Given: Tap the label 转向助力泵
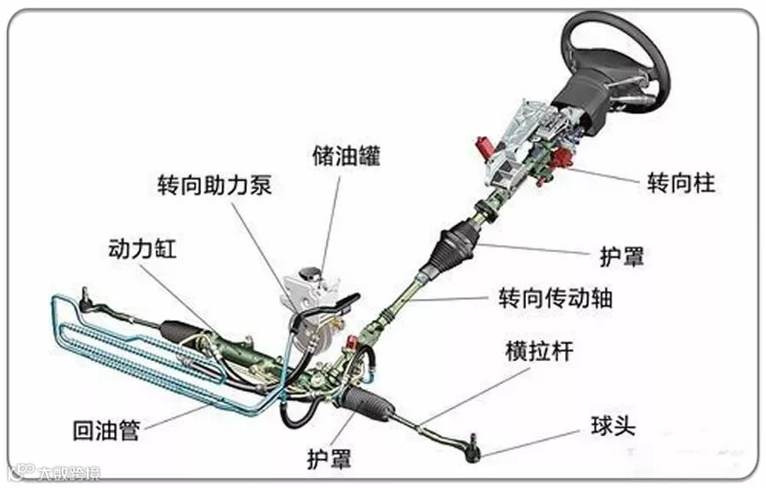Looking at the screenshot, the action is click(214, 186).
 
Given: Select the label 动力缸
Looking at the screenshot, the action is click(141, 248).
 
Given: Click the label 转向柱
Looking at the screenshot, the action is click(681, 182).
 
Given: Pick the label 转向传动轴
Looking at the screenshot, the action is click(555, 298).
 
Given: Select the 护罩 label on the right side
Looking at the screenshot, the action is click(622, 255).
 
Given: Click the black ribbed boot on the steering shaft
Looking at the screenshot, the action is click(456, 246).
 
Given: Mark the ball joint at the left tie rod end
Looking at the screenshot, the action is click(85, 297).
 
